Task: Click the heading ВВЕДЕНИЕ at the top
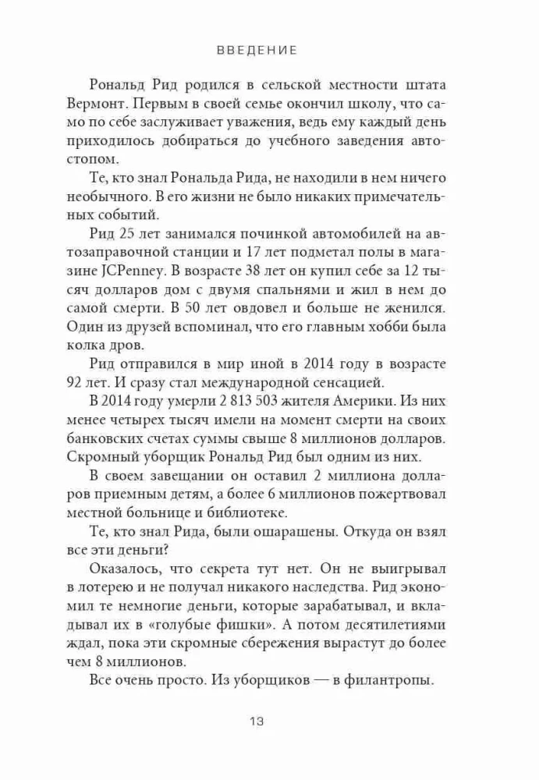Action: click(257, 51)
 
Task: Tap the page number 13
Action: click(258, 721)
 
